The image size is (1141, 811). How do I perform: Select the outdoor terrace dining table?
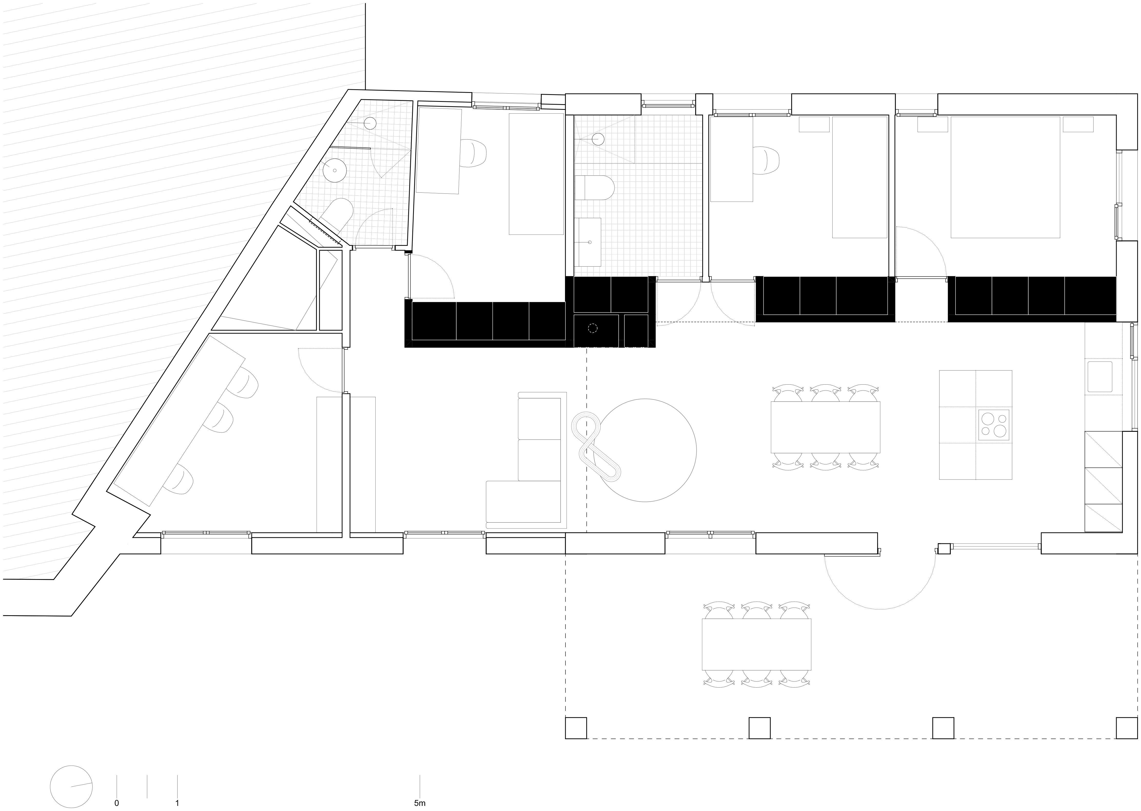pos(756,644)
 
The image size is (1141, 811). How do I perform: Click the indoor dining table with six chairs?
pos(825,427)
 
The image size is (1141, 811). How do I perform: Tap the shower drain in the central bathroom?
pos(598,139)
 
